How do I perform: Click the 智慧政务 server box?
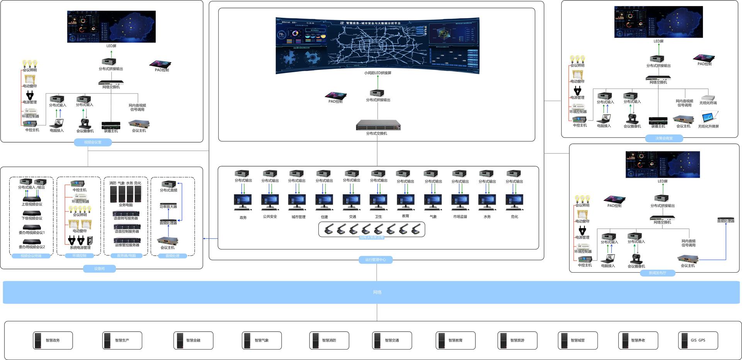point(53,340)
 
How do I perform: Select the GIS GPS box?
point(698,340)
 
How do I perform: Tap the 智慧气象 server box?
point(262,340)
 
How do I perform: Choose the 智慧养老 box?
point(638,340)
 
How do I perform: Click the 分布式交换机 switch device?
point(378,125)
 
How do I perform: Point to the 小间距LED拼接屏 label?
point(378,73)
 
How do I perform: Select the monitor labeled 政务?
point(243,202)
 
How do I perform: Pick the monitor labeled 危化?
point(514,202)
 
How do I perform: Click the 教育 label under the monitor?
point(405,216)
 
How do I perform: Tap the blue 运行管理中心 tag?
point(376,260)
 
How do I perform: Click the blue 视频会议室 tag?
point(93,142)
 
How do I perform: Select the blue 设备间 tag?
point(99,268)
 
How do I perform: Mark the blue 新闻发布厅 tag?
point(657,273)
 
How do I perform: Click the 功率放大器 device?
point(168,204)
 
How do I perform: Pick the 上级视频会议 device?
point(32,199)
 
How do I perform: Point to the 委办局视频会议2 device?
point(32,242)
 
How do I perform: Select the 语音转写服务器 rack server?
point(126,214)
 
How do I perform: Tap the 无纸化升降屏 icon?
point(710,117)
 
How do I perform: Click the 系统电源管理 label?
point(80,248)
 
